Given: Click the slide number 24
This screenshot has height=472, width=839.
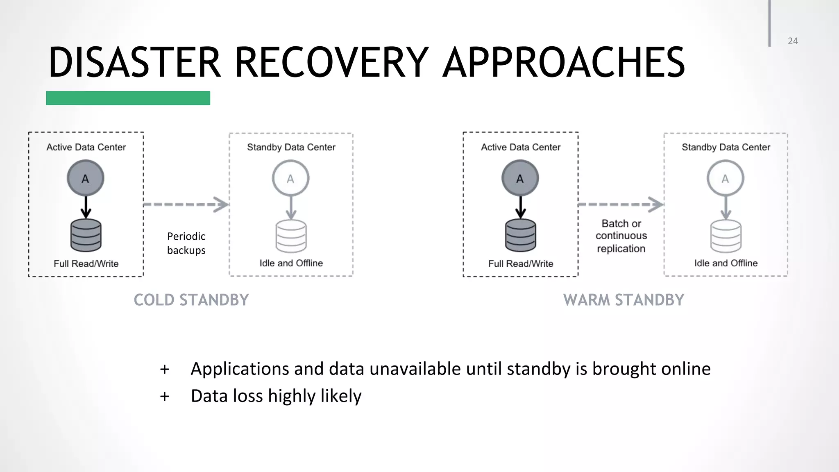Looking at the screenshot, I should tap(793, 41).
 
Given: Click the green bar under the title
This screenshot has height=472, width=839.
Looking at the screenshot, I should tap(128, 98).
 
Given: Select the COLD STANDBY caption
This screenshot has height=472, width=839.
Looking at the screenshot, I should tap(191, 300).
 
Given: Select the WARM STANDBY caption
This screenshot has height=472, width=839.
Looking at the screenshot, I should tap(624, 300).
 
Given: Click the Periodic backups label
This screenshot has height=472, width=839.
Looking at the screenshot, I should tap(186, 243).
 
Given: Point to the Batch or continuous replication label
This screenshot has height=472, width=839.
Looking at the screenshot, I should tap(621, 236).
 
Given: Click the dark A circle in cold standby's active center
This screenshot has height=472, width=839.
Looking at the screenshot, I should tap(86, 178).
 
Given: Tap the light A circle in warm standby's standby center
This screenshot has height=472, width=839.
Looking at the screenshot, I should tap(725, 178).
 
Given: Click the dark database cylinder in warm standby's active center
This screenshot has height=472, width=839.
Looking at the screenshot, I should tap(520, 235).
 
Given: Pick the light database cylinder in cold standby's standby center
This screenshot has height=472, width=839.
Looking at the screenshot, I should tap(291, 236).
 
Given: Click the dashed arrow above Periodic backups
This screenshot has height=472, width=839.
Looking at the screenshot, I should tap(186, 204).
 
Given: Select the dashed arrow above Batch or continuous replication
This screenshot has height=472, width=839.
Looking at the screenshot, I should tap(621, 204).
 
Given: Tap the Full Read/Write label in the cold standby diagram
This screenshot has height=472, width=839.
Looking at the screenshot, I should tap(86, 263).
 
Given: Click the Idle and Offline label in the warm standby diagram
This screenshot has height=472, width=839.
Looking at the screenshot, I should tap(726, 263).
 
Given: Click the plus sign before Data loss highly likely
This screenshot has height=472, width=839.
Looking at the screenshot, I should tap(164, 396).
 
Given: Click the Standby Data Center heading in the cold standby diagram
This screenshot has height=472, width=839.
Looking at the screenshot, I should tap(291, 147).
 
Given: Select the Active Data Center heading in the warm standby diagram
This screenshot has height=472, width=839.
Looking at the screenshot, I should tap(520, 147).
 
